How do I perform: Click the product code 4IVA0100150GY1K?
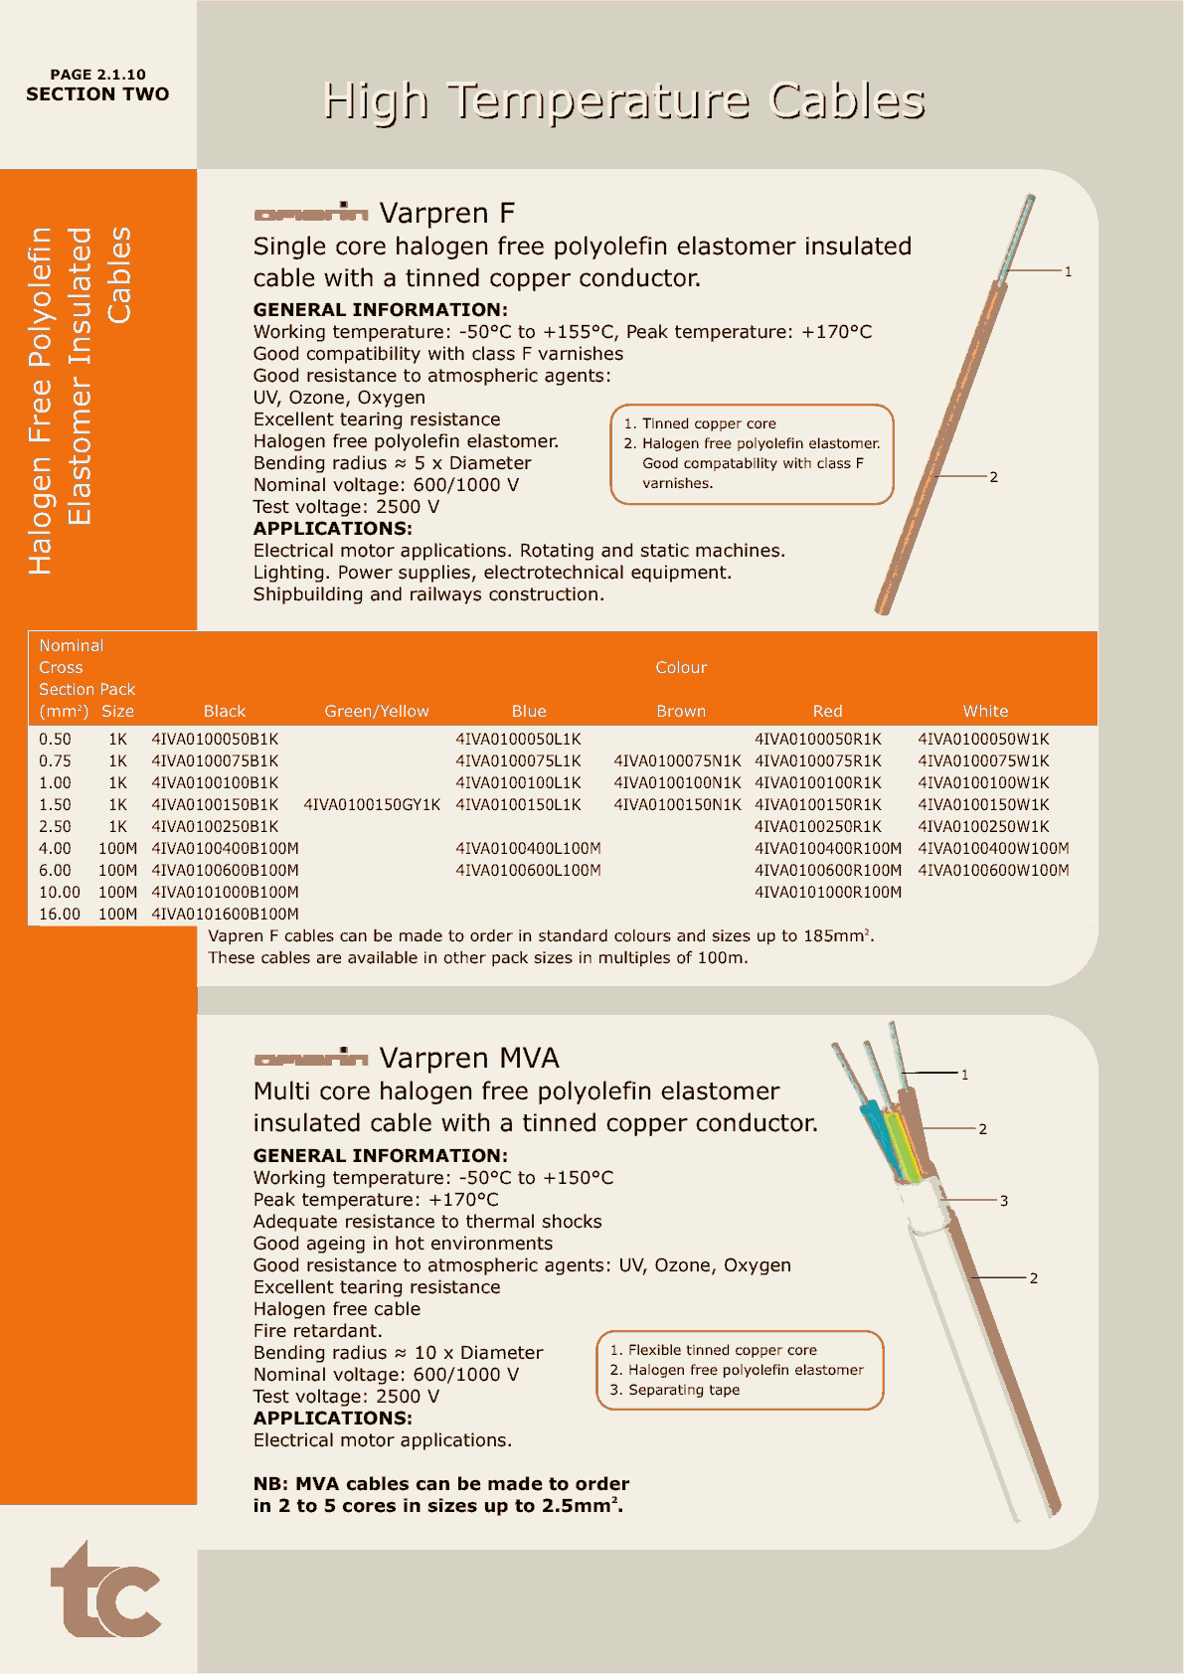tap(372, 804)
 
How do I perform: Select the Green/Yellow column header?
tap(377, 711)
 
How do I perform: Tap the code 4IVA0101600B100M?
tap(225, 914)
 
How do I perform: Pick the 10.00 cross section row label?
tap(60, 892)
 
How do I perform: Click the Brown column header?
tap(681, 711)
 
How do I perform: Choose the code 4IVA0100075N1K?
tap(677, 760)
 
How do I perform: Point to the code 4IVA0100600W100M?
tap(993, 870)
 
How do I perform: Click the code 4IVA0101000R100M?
tap(828, 892)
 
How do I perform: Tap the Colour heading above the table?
tap(681, 667)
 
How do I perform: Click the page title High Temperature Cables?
tap(623, 100)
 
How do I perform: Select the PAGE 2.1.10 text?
tap(97, 75)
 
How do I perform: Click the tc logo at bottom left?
tap(106, 1591)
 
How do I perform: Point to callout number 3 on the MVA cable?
tap(1004, 1201)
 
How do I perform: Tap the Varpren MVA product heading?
tap(469, 1058)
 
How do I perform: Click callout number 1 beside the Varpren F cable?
tap(1068, 271)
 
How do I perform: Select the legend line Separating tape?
tap(683, 1390)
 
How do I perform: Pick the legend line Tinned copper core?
tap(708, 423)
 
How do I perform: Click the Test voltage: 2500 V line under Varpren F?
tap(346, 506)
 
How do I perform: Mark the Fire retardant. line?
tap(317, 1330)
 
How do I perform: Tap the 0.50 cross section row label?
tap(55, 739)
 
